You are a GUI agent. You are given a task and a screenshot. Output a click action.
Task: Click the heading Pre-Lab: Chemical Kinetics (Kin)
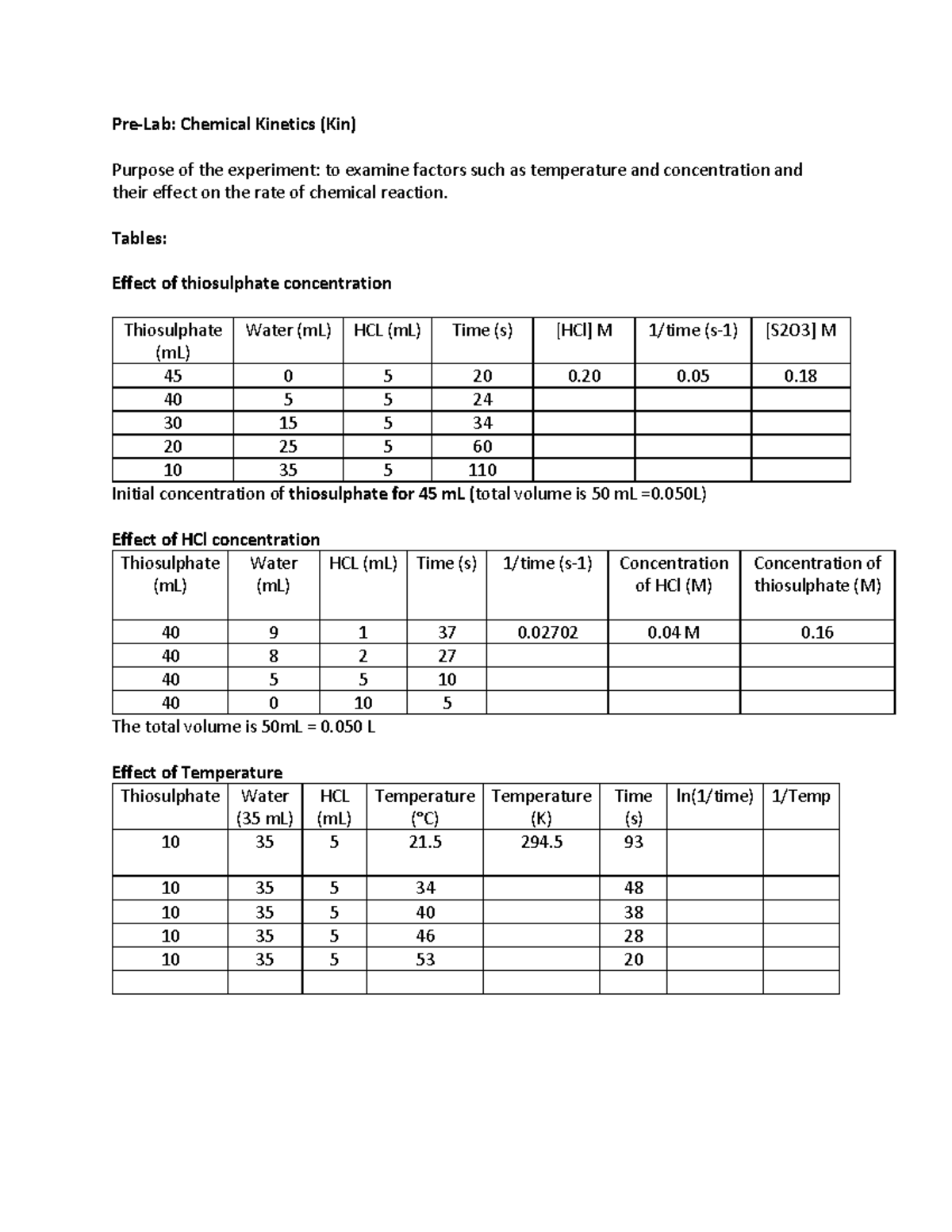tap(234, 124)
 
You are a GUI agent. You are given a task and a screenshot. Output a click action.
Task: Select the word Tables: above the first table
tap(139, 238)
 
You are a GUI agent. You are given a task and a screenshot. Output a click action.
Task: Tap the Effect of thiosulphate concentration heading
tap(251, 283)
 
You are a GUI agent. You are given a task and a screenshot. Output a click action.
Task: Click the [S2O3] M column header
tap(800, 331)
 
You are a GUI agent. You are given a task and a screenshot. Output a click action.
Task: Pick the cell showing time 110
tap(482, 470)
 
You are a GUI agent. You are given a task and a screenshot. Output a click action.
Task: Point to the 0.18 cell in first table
tap(800, 376)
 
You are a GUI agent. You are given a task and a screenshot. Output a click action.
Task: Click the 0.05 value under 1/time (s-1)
tap(693, 376)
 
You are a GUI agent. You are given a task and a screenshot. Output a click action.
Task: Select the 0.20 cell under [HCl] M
tap(584, 376)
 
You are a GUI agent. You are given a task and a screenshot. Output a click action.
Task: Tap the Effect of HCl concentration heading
tap(216, 539)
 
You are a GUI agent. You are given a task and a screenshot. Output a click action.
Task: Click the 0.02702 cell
tap(547, 632)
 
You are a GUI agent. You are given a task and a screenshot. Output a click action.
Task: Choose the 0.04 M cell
tap(674, 632)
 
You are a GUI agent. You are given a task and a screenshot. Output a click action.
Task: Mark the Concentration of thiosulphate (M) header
tap(817, 574)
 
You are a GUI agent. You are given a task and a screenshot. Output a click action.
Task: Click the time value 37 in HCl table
tap(447, 632)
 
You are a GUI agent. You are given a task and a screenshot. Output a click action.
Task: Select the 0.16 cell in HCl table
tap(817, 632)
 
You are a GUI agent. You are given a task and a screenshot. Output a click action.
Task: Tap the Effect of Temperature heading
tap(197, 773)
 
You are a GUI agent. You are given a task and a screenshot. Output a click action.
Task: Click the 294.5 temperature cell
tap(542, 842)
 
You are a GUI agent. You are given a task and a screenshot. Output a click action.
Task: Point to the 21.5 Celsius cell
tap(425, 842)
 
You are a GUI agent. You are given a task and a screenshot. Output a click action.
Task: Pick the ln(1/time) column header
tap(714, 796)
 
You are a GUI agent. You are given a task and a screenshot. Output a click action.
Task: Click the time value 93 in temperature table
tap(633, 842)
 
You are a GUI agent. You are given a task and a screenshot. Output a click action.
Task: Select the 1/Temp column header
tap(800, 796)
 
